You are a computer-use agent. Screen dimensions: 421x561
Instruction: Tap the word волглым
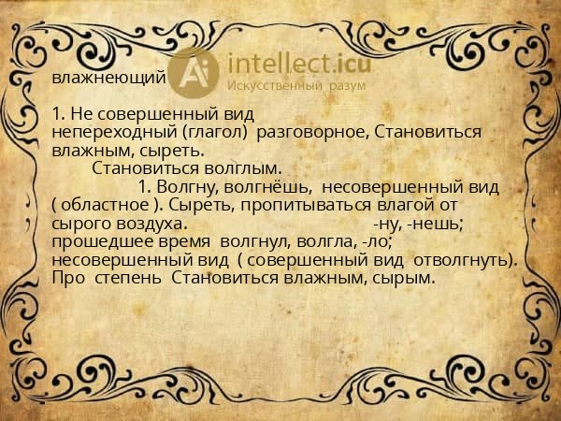242,168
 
